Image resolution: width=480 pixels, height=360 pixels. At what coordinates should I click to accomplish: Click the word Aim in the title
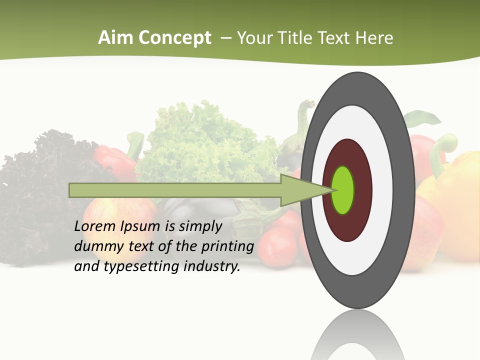point(115,38)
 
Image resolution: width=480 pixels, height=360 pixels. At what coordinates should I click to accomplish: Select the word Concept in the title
point(174,38)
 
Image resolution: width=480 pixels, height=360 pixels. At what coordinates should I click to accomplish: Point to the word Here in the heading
point(374,38)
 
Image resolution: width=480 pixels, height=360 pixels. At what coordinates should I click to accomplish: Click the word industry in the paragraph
point(211,266)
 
